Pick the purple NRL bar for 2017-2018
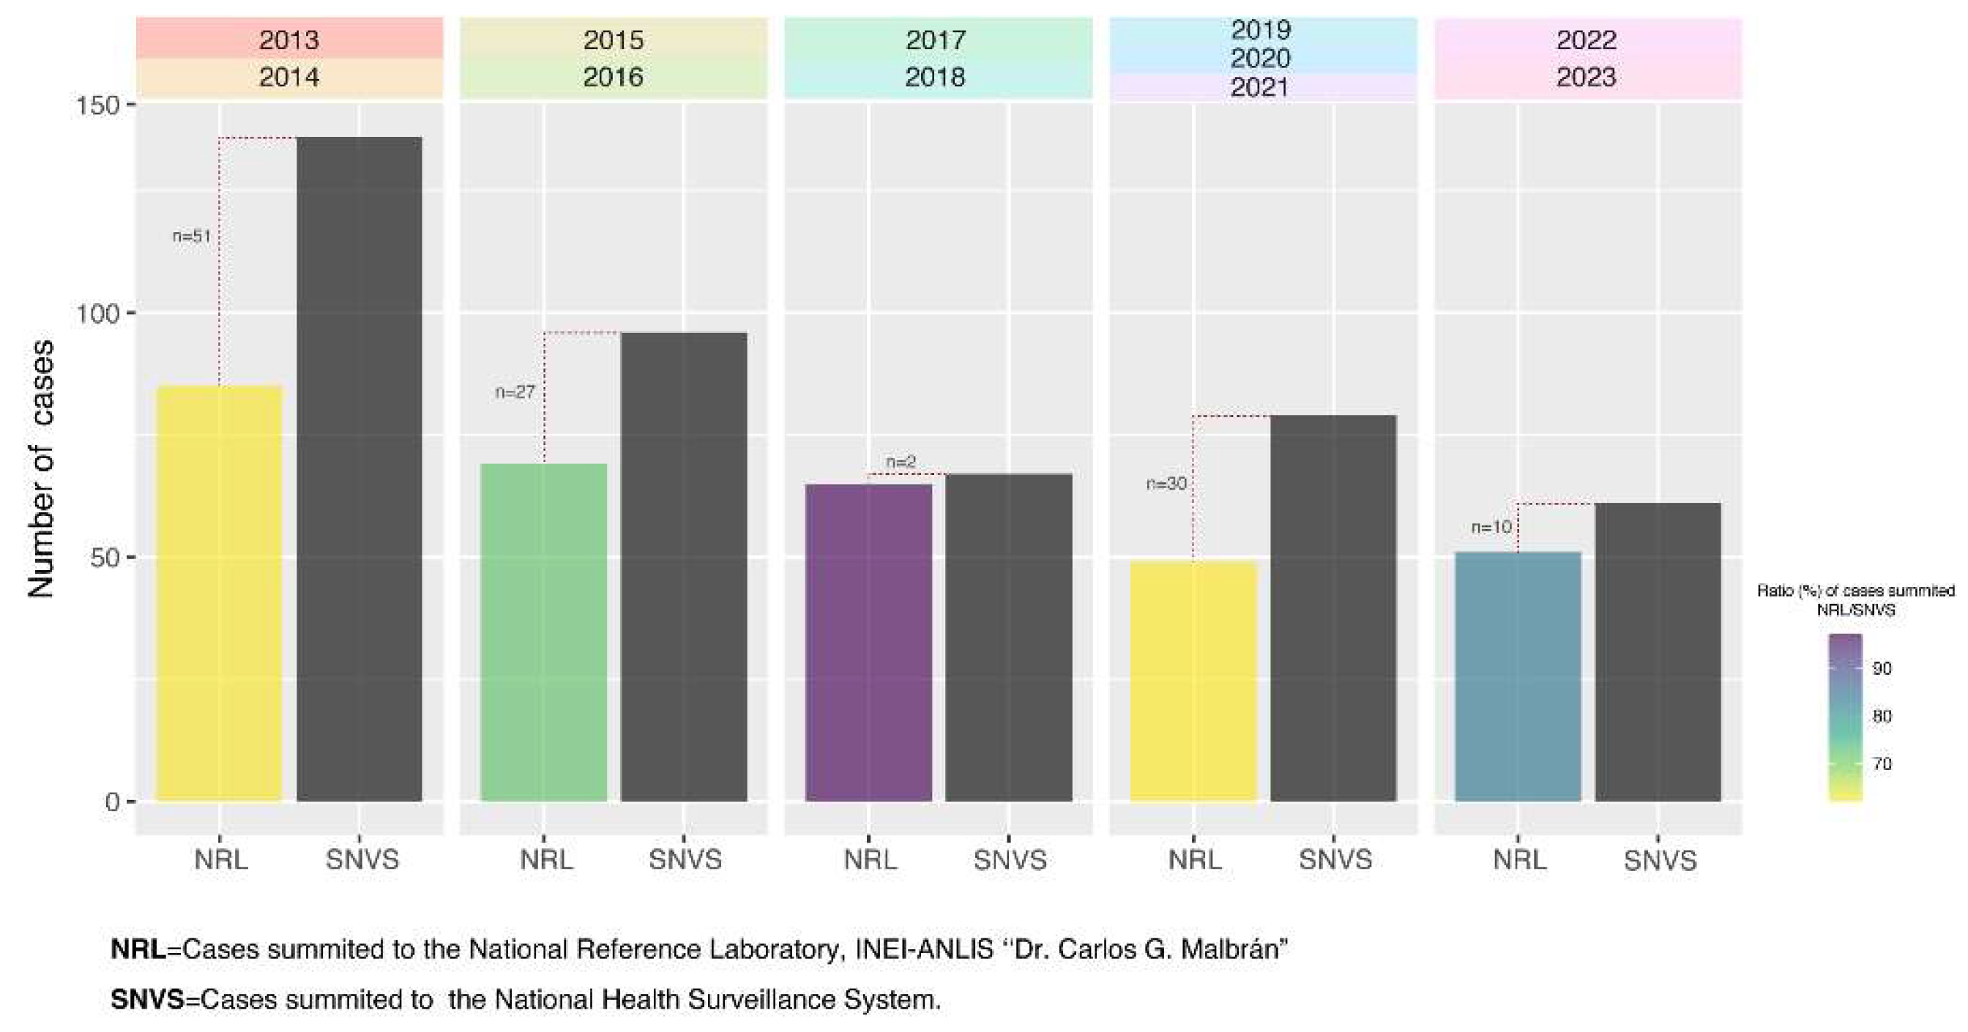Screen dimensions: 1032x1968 868,642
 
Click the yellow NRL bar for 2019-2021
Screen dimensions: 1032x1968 1193,680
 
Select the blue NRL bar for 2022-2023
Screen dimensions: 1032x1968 1517,676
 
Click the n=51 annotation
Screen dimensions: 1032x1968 191,236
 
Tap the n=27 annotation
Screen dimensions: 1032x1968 515,392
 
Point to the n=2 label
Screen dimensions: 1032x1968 901,461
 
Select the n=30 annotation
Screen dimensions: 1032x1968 1166,484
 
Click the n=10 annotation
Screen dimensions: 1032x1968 1491,527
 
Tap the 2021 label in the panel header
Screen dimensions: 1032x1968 1260,87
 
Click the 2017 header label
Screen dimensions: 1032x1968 936,40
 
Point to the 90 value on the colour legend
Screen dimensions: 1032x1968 1882,668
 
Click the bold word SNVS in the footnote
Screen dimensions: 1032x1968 147,999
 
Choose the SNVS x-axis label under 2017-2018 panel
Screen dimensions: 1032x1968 1009,860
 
